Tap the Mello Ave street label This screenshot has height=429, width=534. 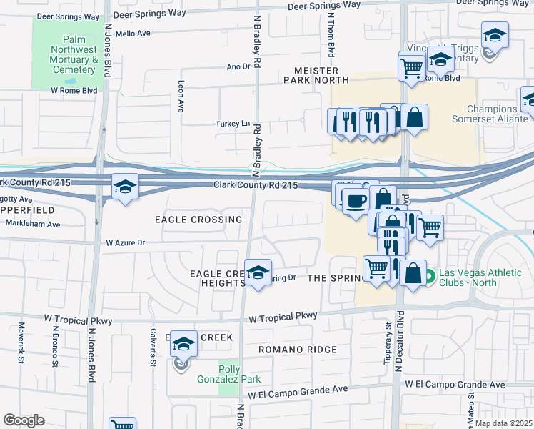tap(133, 33)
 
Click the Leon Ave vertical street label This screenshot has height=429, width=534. tap(181, 96)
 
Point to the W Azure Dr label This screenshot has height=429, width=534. tap(126, 243)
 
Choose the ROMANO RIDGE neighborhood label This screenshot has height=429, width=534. tap(297, 350)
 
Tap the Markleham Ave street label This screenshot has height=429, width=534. tap(34, 224)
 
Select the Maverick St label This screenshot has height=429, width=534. tap(21, 342)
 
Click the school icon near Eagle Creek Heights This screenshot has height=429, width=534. tap(258, 272)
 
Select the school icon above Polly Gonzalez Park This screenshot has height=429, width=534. tap(183, 344)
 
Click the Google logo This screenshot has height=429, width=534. tap(24, 420)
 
